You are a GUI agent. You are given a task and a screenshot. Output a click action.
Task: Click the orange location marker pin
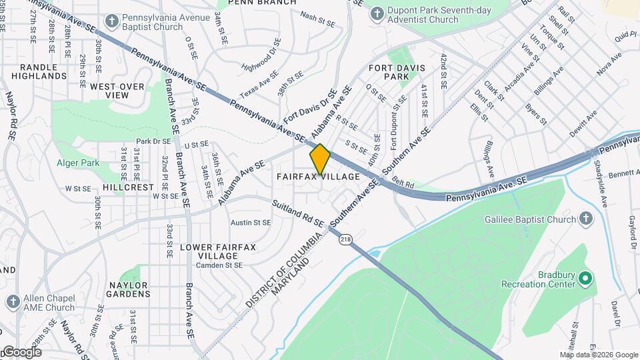pos(320,159)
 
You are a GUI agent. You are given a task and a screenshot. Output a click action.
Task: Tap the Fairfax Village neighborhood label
pos(319,177)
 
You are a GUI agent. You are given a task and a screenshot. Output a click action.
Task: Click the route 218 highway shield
pos(345,239)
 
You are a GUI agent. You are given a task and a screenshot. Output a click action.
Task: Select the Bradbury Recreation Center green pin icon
pos(585,277)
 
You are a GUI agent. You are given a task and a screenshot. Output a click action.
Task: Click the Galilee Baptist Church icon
pos(585,219)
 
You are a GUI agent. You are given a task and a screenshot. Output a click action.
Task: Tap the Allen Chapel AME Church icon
pos(13,302)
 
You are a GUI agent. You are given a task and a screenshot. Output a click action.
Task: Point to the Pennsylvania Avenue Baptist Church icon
pos(111,21)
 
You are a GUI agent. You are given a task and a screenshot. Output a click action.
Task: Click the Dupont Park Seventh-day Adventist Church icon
pos(378,13)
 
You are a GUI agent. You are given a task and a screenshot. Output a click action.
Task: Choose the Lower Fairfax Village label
pos(209,251)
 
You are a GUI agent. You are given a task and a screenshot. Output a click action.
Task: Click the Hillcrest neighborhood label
pos(128,188)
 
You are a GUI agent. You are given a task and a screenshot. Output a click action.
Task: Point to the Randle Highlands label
pos(43,72)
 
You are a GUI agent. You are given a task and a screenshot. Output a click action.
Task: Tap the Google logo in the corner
pos(21,351)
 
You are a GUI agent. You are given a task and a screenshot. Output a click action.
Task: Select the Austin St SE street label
pos(251,223)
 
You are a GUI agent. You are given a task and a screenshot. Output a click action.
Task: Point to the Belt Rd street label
pos(403,184)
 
